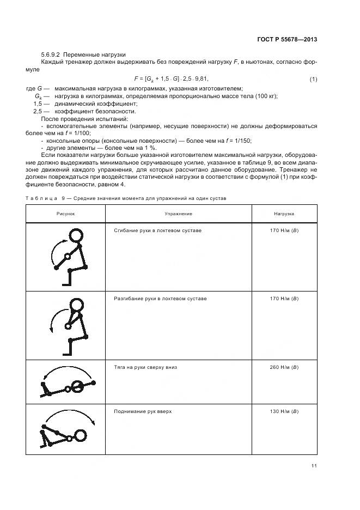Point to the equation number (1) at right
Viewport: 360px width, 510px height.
click(313, 80)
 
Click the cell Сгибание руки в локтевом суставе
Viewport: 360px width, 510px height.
click(157, 231)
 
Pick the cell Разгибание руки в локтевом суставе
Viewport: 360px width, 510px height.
click(160, 299)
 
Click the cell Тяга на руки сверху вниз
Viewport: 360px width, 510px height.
click(145, 367)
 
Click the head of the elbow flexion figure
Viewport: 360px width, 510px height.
click(76, 235)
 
